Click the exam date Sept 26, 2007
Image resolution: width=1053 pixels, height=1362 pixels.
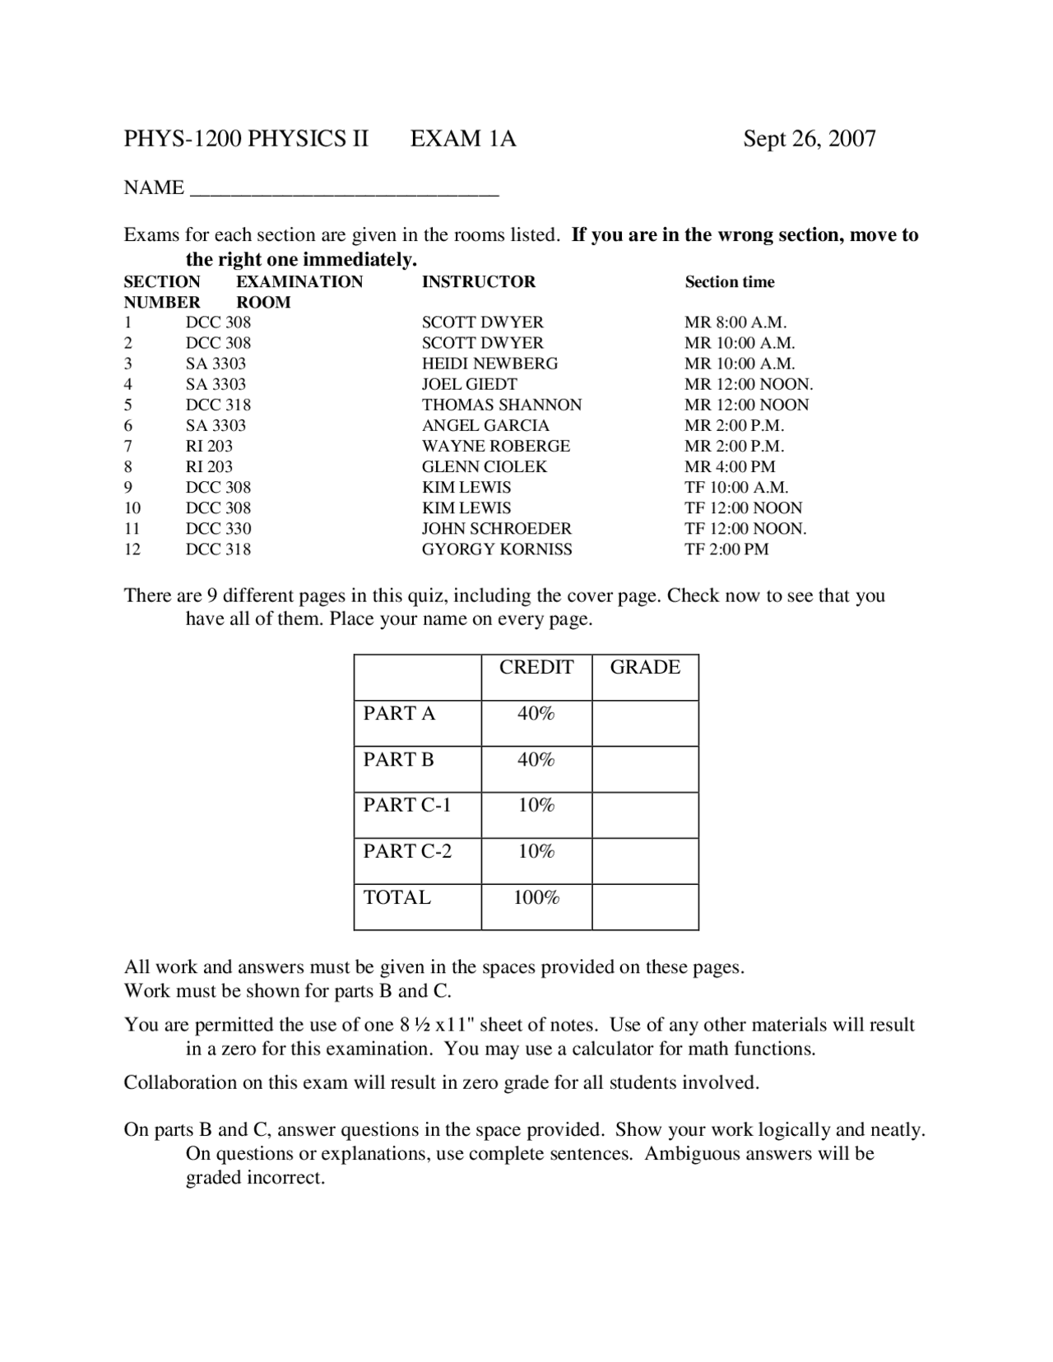point(809,138)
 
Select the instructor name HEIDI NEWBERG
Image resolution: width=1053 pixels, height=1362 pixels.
point(489,364)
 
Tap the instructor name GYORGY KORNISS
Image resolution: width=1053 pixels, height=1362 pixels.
point(497,549)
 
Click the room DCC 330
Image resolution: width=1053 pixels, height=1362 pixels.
point(218,529)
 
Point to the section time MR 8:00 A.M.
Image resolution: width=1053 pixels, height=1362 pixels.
point(735,322)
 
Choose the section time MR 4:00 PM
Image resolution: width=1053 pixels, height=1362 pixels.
point(730,466)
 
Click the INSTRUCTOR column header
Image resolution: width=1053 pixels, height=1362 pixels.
point(478,282)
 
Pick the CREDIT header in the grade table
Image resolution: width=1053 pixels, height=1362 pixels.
point(536,667)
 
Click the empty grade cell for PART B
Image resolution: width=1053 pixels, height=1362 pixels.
point(645,769)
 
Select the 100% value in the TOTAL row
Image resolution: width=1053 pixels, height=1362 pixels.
point(536,898)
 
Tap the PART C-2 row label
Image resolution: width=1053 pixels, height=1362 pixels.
point(407,851)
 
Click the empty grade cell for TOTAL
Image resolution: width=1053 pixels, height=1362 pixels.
point(645,907)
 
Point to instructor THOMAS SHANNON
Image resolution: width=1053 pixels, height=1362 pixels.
point(502,405)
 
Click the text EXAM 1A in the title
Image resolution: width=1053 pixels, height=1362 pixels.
point(463,138)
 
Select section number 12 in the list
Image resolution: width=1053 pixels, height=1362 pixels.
point(132,549)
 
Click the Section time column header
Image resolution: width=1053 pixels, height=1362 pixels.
point(729,282)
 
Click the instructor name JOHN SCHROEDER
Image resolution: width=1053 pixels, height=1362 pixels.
point(496,529)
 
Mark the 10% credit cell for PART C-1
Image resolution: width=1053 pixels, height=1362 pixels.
point(536,805)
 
